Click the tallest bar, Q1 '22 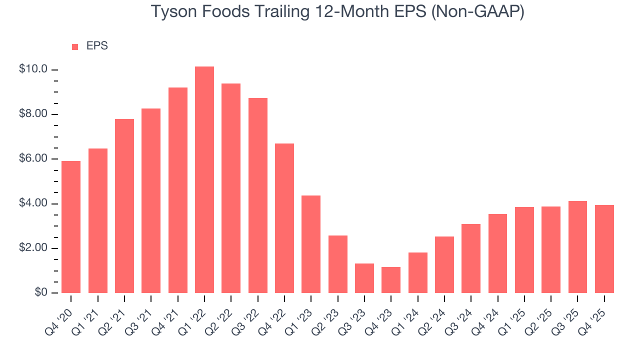(x=204, y=180)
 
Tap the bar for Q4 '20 (x=71, y=227)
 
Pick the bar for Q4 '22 (x=284, y=218)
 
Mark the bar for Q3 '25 (x=577, y=247)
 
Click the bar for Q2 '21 (x=124, y=206)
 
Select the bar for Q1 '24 (x=418, y=272)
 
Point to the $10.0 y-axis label (x=33, y=69)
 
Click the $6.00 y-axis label (x=33, y=159)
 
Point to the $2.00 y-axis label (x=33, y=248)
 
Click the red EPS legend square (x=75, y=46)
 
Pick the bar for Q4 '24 (x=497, y=253)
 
